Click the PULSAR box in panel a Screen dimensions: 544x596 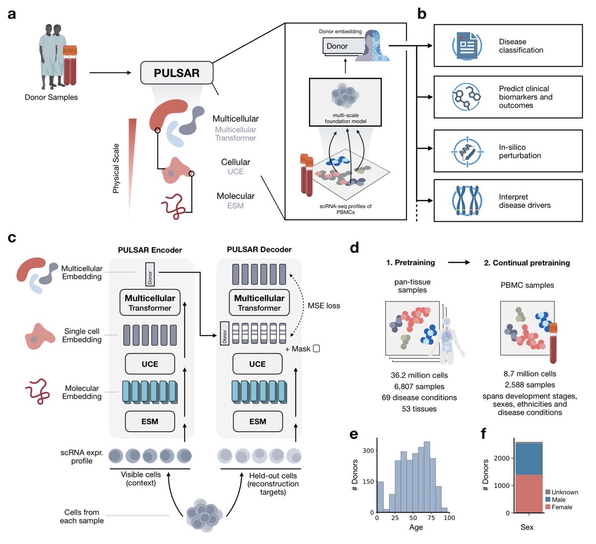tap(177, 73)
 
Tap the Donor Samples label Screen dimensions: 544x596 tap(51, 97)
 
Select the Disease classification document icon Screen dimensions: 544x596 tap(466, 46)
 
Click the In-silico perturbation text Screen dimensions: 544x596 tap(520, 151)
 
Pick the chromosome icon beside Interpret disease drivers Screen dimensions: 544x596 tap(466, 201)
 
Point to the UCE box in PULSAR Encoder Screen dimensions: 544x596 tap(149, 364)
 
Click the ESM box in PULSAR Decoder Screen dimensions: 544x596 tap(257, 421)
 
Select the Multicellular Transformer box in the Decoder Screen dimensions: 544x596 tap(259, 303)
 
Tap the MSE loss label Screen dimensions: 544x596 tap(324, 306)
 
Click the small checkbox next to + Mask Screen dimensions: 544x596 tap(316, 349)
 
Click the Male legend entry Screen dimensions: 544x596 tap(558, 499)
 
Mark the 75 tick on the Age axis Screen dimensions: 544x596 tap(431, 518)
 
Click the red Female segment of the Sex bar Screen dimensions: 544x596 tap(528, 493)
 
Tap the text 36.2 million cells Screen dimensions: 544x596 tap(419, 375)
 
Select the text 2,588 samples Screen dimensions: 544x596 tap(529, 385)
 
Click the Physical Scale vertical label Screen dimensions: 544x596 tap(116, 168)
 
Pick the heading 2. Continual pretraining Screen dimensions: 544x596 tap(526, 263)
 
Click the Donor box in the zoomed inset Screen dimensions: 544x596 tap(338, 46)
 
